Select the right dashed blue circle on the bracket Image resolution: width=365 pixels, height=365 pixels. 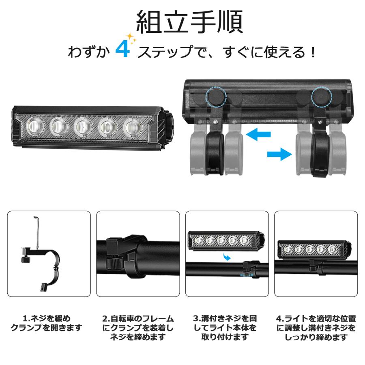tap(322, 97)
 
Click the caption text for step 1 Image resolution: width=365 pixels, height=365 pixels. tap(46, 323)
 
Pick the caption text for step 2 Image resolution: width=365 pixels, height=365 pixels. tap(138, 328)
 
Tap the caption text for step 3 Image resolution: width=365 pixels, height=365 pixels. tap(227, 328)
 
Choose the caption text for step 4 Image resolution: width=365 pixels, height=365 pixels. tap(316, 328)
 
